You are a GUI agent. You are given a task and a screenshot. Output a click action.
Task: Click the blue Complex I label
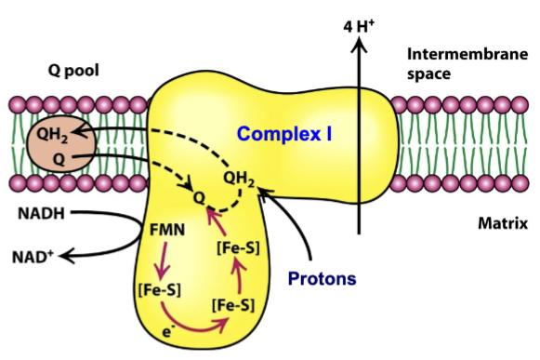point(285,134)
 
